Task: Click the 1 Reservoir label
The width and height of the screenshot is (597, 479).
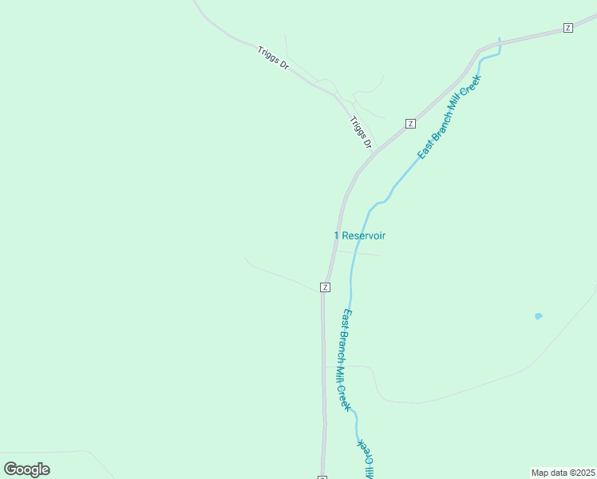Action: click(359, 236)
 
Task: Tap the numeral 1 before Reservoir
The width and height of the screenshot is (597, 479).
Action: click(336, 236)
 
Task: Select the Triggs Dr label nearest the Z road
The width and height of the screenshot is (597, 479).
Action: click(361, 133)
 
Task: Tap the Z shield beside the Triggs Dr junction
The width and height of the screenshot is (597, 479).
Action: click(410, 124)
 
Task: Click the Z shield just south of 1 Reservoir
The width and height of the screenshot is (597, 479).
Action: click(325, 287)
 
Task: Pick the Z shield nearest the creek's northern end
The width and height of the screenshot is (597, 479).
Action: click(567, 28)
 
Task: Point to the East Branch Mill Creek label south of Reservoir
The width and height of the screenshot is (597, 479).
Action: click(346, 359)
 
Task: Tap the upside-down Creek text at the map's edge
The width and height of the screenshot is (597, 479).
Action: click(365, 454)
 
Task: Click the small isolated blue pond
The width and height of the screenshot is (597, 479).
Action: click(538, 316)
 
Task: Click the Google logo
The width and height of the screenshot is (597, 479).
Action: click(26, 469)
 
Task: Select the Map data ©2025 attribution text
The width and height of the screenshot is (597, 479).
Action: click(563, 472)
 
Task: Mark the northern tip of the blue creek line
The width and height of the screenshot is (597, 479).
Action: click(500, 39)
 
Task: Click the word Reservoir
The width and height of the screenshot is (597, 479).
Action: click(364, 236)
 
